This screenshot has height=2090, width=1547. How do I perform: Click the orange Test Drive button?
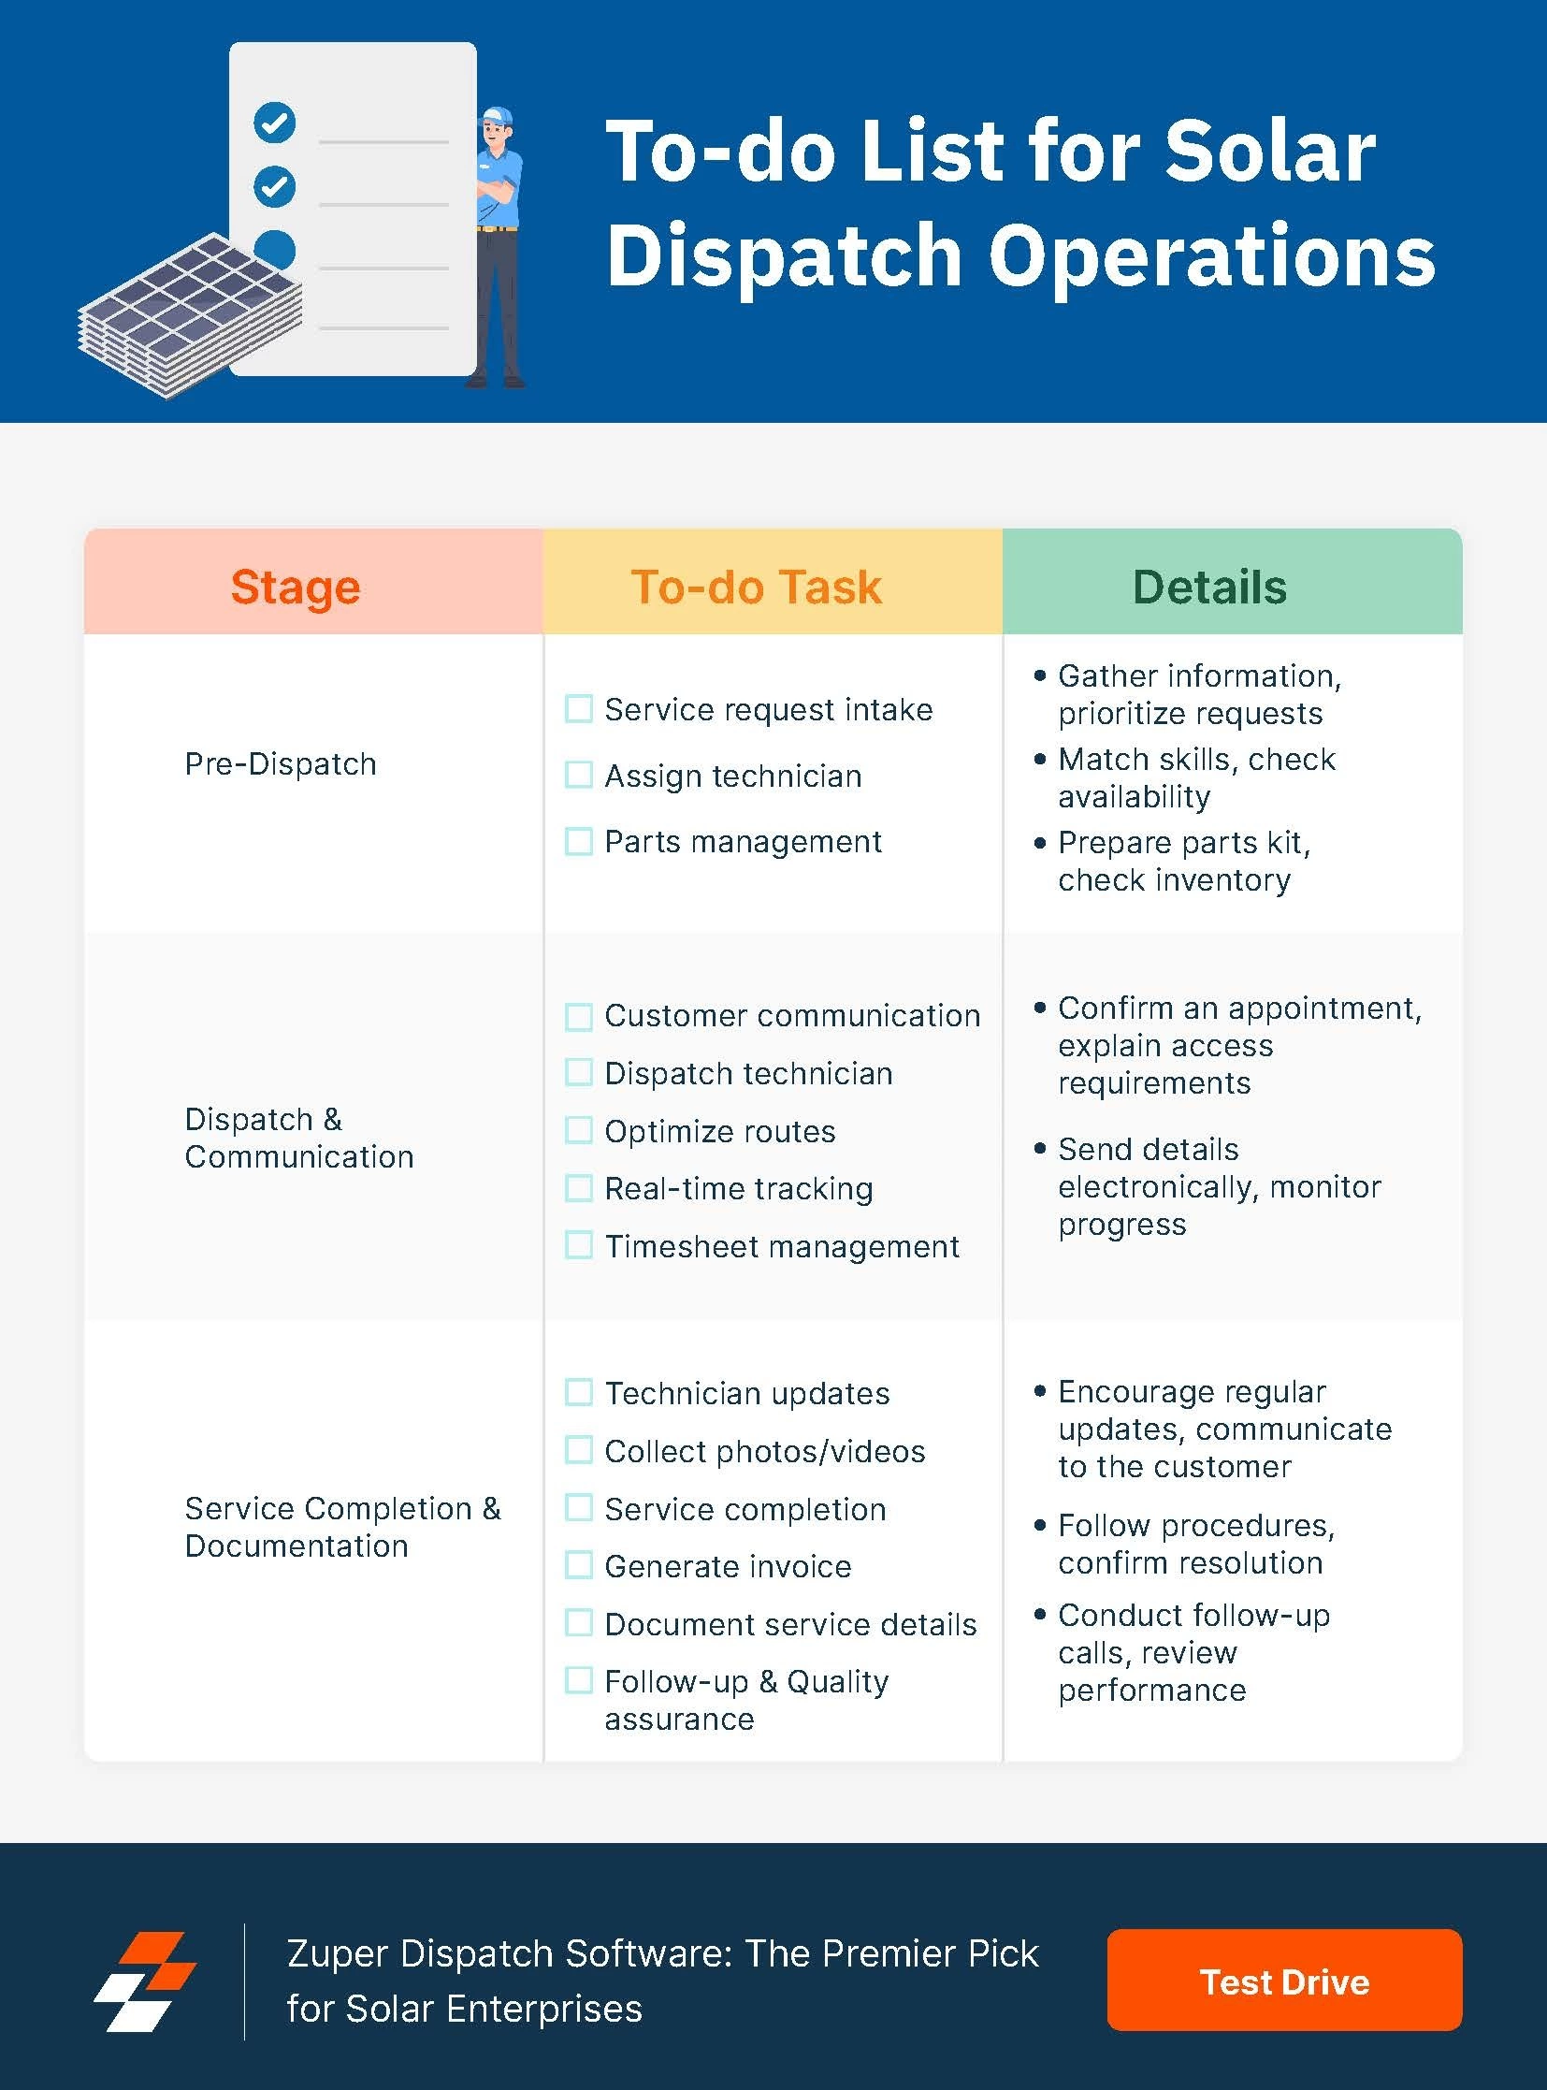(1284, 1981)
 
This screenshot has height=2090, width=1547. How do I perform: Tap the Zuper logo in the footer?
(145, 1981)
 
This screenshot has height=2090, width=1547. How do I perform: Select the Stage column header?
(296, 588)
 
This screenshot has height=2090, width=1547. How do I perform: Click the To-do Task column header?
(756, 588)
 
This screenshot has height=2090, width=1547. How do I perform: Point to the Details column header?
(1209, 588)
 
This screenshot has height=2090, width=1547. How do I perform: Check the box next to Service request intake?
(579, 709)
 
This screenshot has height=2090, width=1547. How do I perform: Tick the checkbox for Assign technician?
(579, 775)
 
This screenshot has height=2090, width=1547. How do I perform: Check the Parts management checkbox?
(579, 841)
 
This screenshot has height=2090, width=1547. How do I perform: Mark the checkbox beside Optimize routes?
(579, 1131)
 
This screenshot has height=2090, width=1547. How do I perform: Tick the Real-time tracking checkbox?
(579, 1188)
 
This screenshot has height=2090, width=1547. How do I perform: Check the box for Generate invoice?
(579, 1565)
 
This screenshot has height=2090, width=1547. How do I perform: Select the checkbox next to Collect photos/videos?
(579, 1450)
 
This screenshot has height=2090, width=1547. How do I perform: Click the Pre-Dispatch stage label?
(280, 764)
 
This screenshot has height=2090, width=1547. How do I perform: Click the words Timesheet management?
(781, 1247)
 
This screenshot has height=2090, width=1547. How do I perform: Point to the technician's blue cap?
(499, 117)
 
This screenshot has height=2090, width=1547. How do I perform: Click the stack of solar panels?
(187, 313)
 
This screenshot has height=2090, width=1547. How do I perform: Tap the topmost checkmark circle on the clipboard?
(274, 123)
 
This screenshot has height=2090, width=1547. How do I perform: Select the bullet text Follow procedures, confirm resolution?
(1195, 1544)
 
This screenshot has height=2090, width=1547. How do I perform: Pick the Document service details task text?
(790, 1624)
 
